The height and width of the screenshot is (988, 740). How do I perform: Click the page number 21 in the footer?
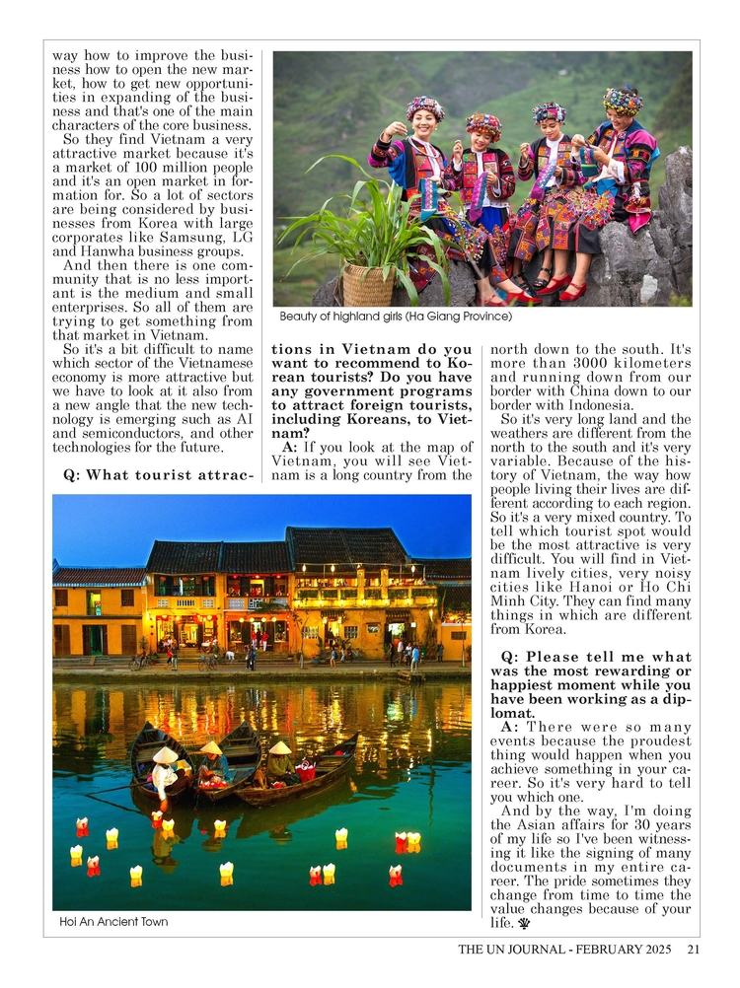693,951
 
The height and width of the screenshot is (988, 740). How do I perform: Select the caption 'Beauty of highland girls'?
396,318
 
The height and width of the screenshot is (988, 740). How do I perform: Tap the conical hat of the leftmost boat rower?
166,754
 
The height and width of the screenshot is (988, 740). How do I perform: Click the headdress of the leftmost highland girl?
424,108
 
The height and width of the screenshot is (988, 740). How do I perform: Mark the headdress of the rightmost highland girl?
623,100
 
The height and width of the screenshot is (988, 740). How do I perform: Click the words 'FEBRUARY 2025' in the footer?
628,951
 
